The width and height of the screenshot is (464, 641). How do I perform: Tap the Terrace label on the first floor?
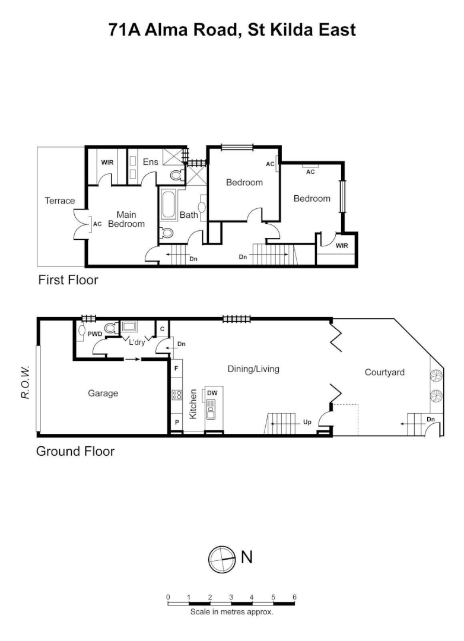pos(59,201)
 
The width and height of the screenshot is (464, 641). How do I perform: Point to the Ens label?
pos(150,161)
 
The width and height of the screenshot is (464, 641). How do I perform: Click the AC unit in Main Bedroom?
pos(96,224)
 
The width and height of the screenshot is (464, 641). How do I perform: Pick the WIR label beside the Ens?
pos(107,161)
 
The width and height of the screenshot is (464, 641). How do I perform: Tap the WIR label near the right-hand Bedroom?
pos(342,245)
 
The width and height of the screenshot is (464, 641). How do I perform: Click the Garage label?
pos(103,393)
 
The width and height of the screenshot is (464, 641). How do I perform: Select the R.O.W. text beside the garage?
pos(26,381)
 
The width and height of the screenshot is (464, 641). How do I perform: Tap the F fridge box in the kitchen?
pos(176,368)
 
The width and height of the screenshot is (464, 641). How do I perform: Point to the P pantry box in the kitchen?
pos(176,423)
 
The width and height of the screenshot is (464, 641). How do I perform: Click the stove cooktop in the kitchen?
pos(176,395)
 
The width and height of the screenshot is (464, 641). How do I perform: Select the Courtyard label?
pos(384,372)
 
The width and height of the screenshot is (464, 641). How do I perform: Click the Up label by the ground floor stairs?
pos(307,422)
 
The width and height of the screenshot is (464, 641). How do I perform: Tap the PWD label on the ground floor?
pos(96,334)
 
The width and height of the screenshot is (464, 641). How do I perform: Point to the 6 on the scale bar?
pos(294,596)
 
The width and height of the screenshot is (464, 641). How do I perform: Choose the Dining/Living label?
pos(253,369)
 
